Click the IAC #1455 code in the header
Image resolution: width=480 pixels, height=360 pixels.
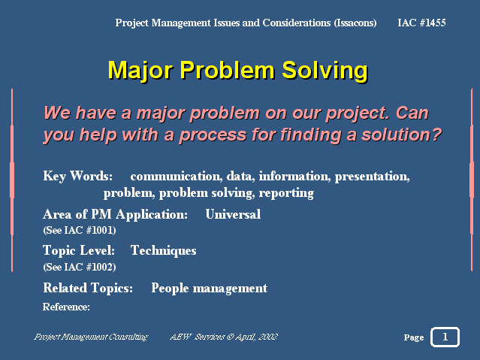[421, 23]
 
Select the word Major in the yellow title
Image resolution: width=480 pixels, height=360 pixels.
[141, 71]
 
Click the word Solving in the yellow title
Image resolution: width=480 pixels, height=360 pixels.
[325, 71]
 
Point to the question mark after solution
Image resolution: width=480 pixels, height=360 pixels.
[436, 135]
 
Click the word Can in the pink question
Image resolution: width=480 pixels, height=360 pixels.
[412, 113]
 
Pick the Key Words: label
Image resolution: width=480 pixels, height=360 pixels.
[78, 176]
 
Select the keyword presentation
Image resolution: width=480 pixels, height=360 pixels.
[373, 177]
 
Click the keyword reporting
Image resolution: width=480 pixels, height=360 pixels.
[286, 193]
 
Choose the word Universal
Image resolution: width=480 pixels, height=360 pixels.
[234, 214]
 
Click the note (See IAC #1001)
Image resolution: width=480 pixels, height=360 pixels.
[80, 230]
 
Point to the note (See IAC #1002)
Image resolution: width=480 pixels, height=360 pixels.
[80, 267]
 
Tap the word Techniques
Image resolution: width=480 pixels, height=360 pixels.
[164, 251]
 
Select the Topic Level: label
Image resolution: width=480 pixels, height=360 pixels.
[79, 250]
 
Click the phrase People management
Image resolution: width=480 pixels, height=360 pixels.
[210, 289]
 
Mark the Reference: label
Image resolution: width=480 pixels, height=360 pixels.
[66, 307]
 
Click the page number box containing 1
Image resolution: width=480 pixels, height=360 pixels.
[445, 337]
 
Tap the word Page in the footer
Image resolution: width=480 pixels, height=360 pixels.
[414, 337]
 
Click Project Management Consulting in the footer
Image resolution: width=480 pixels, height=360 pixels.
[91, 337]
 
